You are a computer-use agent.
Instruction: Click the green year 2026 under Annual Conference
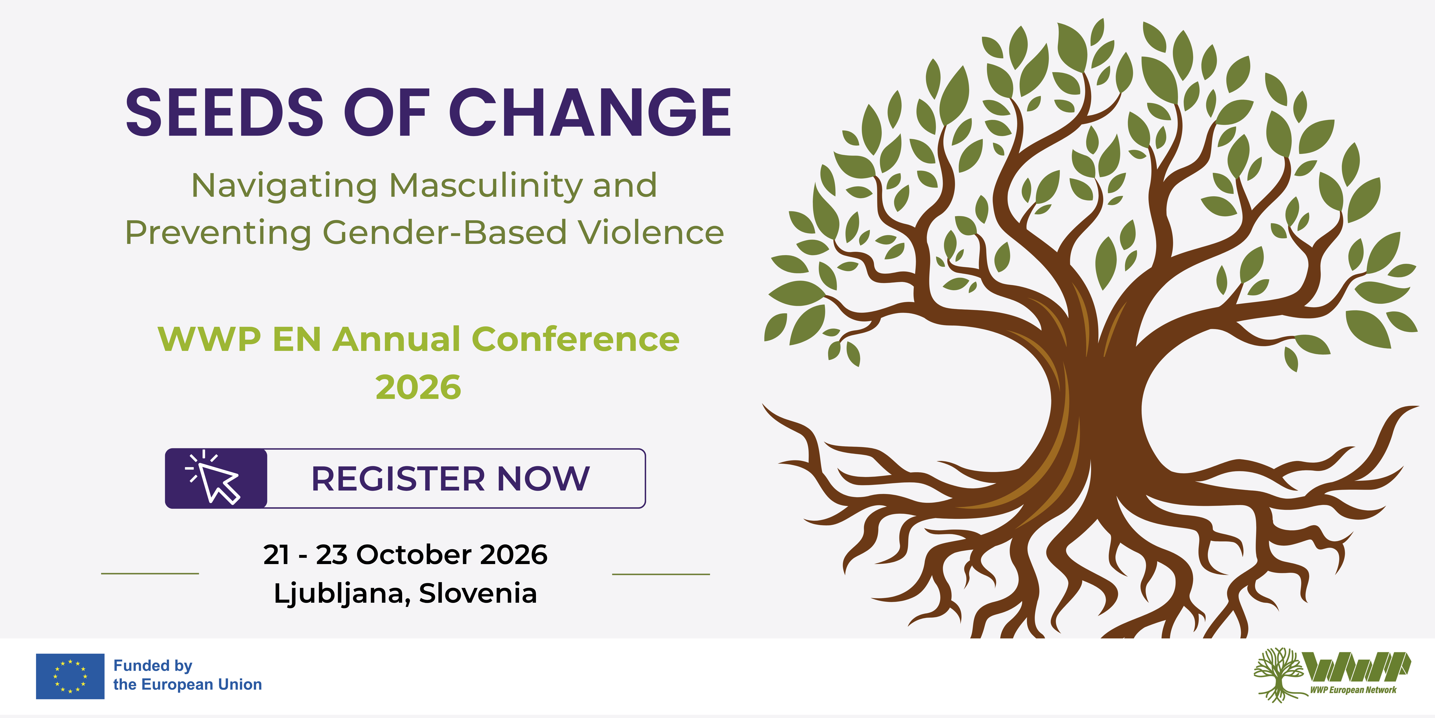click(418, 387)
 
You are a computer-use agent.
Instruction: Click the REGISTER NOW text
click(450, 479)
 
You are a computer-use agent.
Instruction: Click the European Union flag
click(70, 676)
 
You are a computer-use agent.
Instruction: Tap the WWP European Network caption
click(1353, 690)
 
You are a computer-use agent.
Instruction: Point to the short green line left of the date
click(150, 573)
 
